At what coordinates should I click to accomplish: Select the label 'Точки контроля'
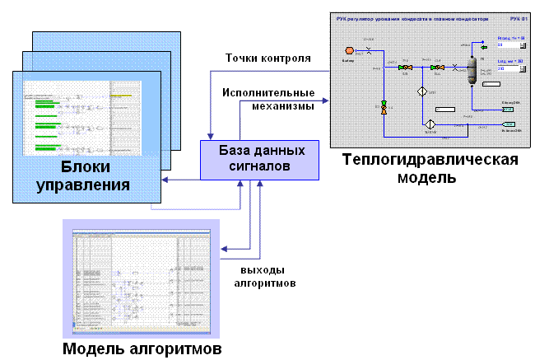[x=268, y=58]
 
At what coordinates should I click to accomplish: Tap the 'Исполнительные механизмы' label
[x=268, y=99]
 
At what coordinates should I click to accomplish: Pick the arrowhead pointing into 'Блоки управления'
[x=165, y=179]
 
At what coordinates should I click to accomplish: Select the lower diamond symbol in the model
[x=428, y=125]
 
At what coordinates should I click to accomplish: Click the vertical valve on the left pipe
[x=384, y=106]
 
